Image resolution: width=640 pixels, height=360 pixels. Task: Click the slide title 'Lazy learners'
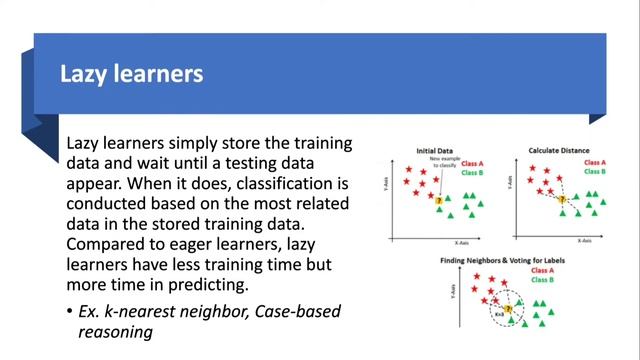click(132, 74)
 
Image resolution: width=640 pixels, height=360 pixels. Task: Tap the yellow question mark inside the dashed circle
click(508, 310)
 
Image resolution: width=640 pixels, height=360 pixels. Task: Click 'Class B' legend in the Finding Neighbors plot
click(546, 281)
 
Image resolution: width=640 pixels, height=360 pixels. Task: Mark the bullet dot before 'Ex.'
click(69, 312)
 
